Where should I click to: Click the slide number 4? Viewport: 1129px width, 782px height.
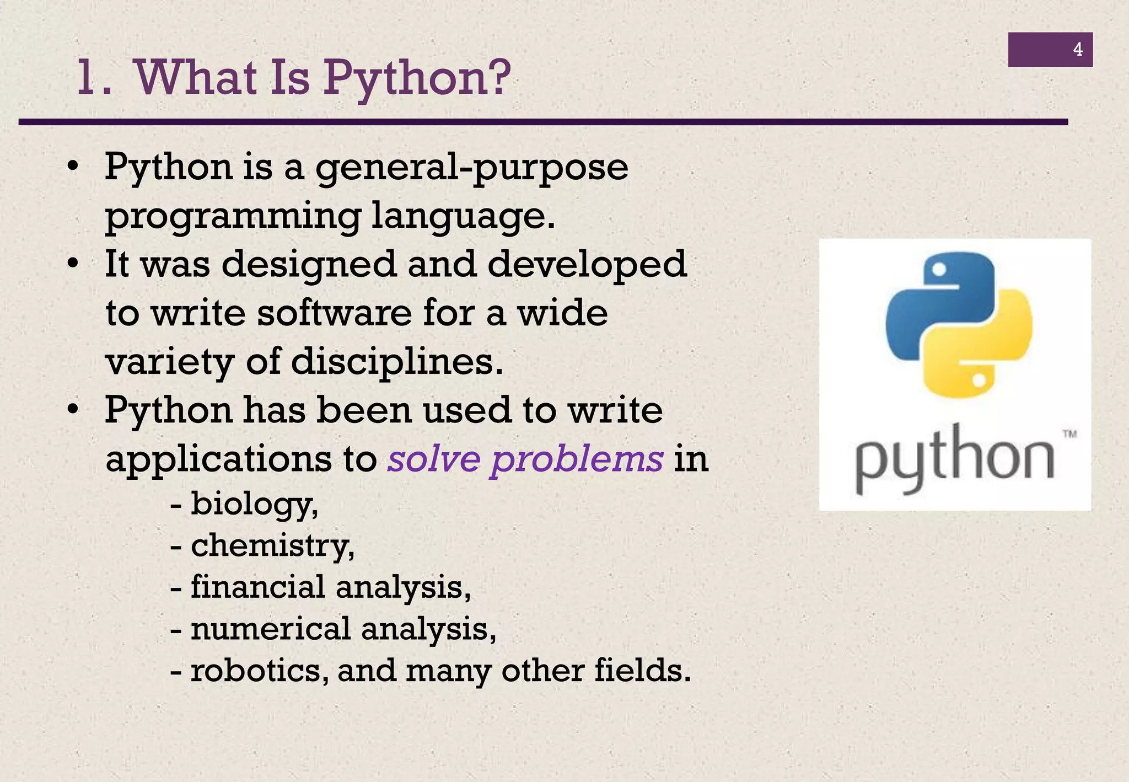click(1077, 50)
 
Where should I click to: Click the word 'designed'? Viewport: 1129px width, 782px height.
click(309, 264)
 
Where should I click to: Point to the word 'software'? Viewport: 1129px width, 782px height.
click(334, 313)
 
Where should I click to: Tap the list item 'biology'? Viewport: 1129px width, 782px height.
click(253, 504)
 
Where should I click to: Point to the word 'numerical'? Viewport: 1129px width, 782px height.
click(270, 629)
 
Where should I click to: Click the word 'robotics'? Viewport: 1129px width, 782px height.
click(256, 671)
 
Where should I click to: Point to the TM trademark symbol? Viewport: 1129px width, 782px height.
click(1069, 434)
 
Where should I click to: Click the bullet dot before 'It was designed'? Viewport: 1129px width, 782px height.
click(72, 264)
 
